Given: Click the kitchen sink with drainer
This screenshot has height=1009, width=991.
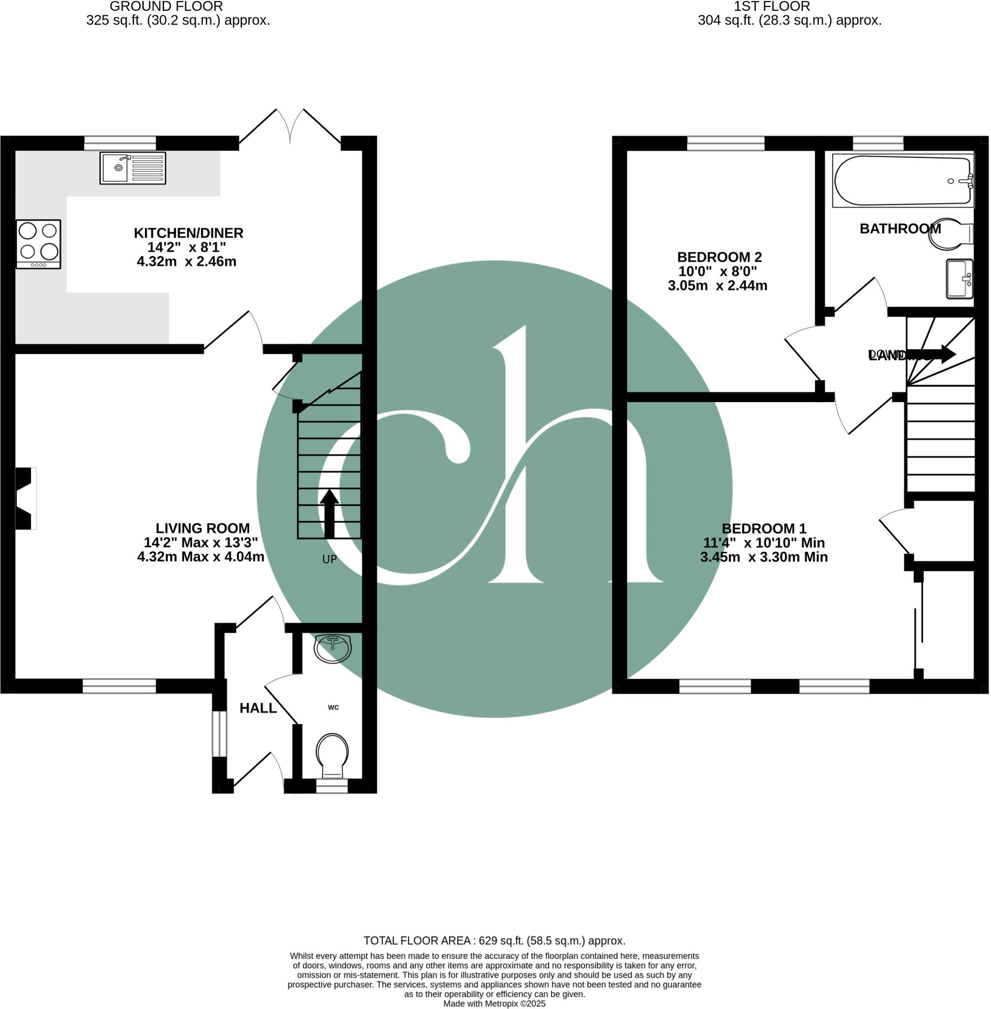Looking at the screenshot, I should [x=132, y=168].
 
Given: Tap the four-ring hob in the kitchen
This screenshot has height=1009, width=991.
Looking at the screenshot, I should [x=38, y=244].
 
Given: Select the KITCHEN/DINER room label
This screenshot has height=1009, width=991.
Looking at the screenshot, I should [x=189, y=233].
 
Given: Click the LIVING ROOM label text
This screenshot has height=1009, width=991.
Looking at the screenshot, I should [x=202, y=528].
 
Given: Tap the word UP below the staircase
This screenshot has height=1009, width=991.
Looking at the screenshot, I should [x=330, y=559].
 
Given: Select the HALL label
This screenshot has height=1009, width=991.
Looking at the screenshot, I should [x=258, y=707].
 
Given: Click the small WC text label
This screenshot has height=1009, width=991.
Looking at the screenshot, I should [x=333, y=707].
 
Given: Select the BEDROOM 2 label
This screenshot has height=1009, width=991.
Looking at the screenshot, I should [x=719, y=257].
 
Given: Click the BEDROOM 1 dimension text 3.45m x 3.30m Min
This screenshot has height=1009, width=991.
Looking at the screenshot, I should [x=763, y=557].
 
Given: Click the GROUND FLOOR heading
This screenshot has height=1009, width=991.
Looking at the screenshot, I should [x=166, y=6].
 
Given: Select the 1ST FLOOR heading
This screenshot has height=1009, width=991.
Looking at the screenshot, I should [x=771, y=6].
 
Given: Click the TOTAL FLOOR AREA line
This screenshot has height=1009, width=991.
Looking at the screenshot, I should [x=494, y=941].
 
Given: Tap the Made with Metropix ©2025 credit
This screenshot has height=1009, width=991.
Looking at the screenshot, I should [x=494, y=1003].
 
